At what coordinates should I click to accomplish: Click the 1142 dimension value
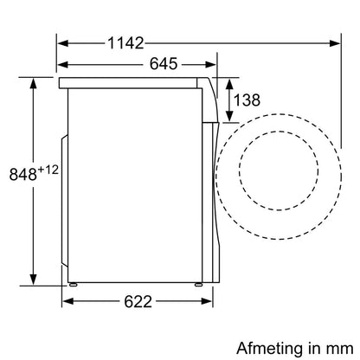[x=125, y=43]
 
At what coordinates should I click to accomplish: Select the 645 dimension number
[x=164, y=64]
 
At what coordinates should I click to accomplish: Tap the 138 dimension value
[x=247, y=100]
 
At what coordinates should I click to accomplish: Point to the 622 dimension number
[x=138, y=302]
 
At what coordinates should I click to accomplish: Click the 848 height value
[x=23, y=174]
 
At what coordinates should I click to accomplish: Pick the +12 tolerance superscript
[x=48, y=170]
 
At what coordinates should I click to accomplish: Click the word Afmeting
[x=269, y=349]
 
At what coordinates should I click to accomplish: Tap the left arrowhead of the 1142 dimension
[x=63, y=43]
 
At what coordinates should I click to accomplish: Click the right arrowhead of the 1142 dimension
[x=335, y=43]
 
